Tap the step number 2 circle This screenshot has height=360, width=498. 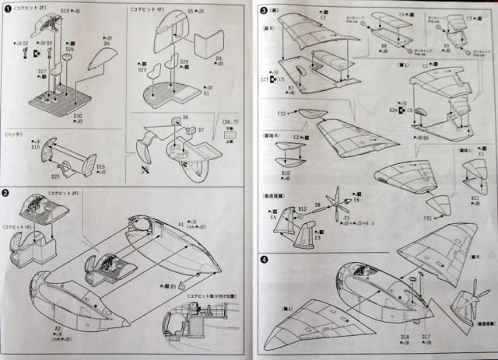click(x=7, y=193)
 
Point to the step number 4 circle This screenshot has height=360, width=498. click(x=265, y=259)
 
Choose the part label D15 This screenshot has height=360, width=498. click(x=35, y=146)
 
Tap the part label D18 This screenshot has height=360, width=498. click(x=404, y=337)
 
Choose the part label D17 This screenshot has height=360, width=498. click(x=425, y=337)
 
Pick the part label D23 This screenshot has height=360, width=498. click(x=265, y=79)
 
